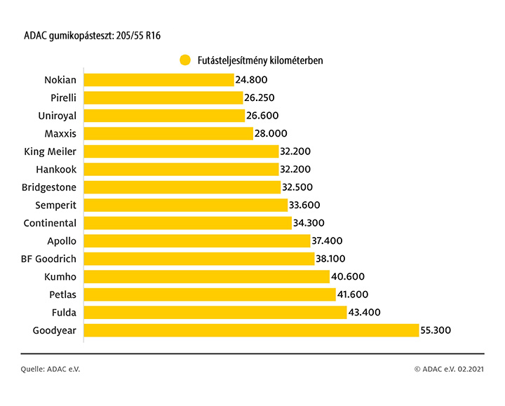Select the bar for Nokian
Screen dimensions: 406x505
[x=159, y=80]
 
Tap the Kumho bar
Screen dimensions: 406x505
[x=206, y=277]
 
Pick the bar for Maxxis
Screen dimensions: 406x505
[x=168, y=133]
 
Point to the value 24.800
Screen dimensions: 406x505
[x=252, y=80]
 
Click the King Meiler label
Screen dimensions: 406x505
[x=50, y=151]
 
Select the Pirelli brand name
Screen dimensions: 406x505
[x=60, y=97]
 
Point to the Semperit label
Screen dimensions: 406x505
[x=56, y=205]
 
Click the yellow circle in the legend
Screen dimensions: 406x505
[x=185, y=60]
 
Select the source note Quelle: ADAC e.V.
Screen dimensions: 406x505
[x=50, y=369]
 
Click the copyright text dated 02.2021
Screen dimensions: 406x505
[x=449, y=369]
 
